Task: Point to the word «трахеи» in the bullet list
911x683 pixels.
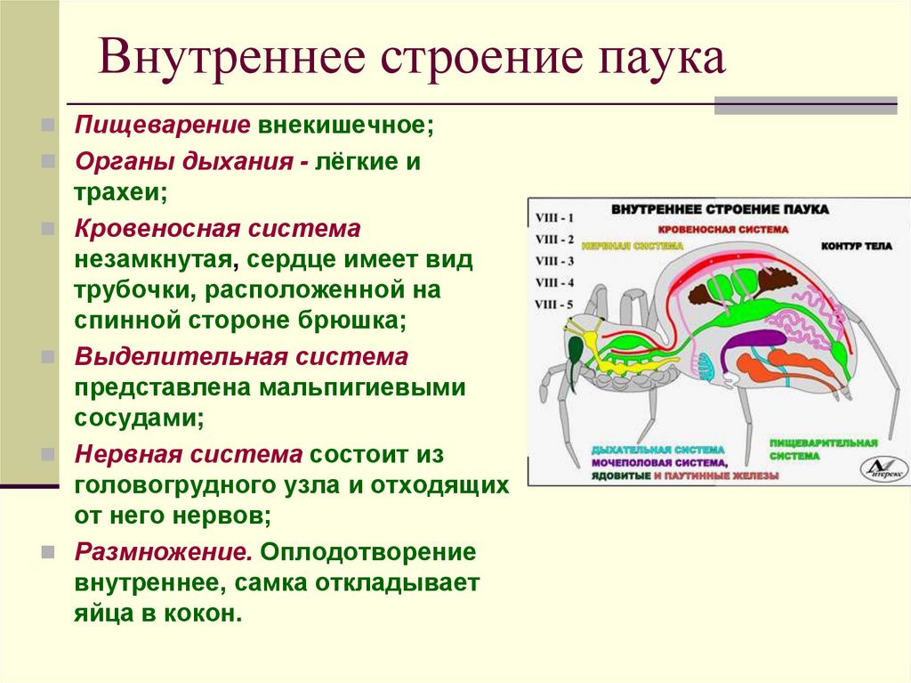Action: [x=117, y=190]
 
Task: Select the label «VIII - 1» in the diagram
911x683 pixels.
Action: [x=554, y=216]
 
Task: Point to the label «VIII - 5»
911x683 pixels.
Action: [x=554, y=304]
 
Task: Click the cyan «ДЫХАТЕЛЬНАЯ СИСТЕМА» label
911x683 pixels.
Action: [x=657, y=450]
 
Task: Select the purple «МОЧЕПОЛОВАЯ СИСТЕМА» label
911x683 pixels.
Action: [x=655, y=463]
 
